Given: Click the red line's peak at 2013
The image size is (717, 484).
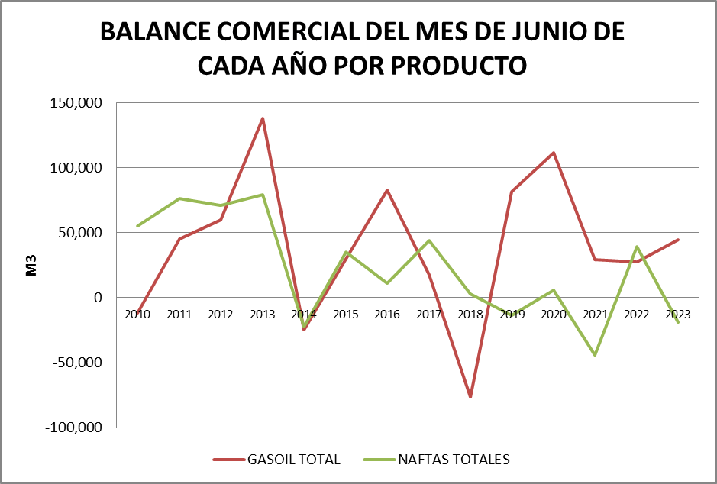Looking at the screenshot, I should point(263,118).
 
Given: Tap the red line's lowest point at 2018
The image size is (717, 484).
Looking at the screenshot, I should point(470,397).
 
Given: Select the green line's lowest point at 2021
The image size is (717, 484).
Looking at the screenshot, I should point(595,355).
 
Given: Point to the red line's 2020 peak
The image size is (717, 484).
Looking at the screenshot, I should point(554,153).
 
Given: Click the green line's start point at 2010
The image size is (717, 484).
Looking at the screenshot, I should point(138,226).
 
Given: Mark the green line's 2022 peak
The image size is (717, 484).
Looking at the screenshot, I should point(636,247).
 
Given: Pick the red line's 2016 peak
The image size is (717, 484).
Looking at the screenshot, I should point(387,190).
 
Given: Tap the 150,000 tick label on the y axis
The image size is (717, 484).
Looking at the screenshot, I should point(76,103).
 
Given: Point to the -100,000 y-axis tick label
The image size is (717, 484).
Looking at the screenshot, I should point(73,428).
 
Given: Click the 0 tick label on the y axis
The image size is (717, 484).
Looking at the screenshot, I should point(98,298).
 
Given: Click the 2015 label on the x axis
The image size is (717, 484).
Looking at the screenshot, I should point(346,314).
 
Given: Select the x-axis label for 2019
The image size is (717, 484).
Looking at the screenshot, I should point(512,314).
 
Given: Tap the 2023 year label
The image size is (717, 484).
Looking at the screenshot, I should point(677,314).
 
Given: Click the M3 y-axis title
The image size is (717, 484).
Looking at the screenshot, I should point(32,265).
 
